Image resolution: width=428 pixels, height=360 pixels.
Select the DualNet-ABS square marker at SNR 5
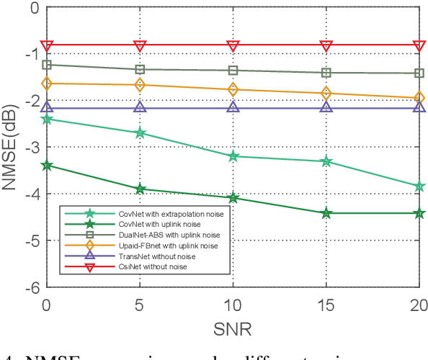pyautogui.click(x=140, y=69)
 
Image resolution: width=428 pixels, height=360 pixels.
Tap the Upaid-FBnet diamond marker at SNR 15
pyautogui.click(x=326, y=94)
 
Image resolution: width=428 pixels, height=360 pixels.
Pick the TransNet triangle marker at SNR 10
pyautogui.click(x=233, y=107)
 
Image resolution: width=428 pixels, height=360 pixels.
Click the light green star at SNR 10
pyautogui.click(x=233, y=156)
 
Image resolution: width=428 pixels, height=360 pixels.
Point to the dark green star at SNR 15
pyautogui.click(x=326, y=213)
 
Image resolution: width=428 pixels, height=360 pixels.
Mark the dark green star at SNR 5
pyautogui.click(x=140, y=189)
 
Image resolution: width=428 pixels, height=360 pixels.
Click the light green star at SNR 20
pyautogui.click(x=419, y=186)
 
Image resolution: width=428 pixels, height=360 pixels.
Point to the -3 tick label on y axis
pyautogui.click(x=30, y=146)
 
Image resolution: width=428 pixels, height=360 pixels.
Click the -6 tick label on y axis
pyautogui.click(x=30, y=287)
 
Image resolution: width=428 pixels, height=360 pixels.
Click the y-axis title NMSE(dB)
pyautogui.click(x=10, y=147)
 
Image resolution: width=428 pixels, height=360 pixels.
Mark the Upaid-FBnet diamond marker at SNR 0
pyautogui.click(x=47, y=84)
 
